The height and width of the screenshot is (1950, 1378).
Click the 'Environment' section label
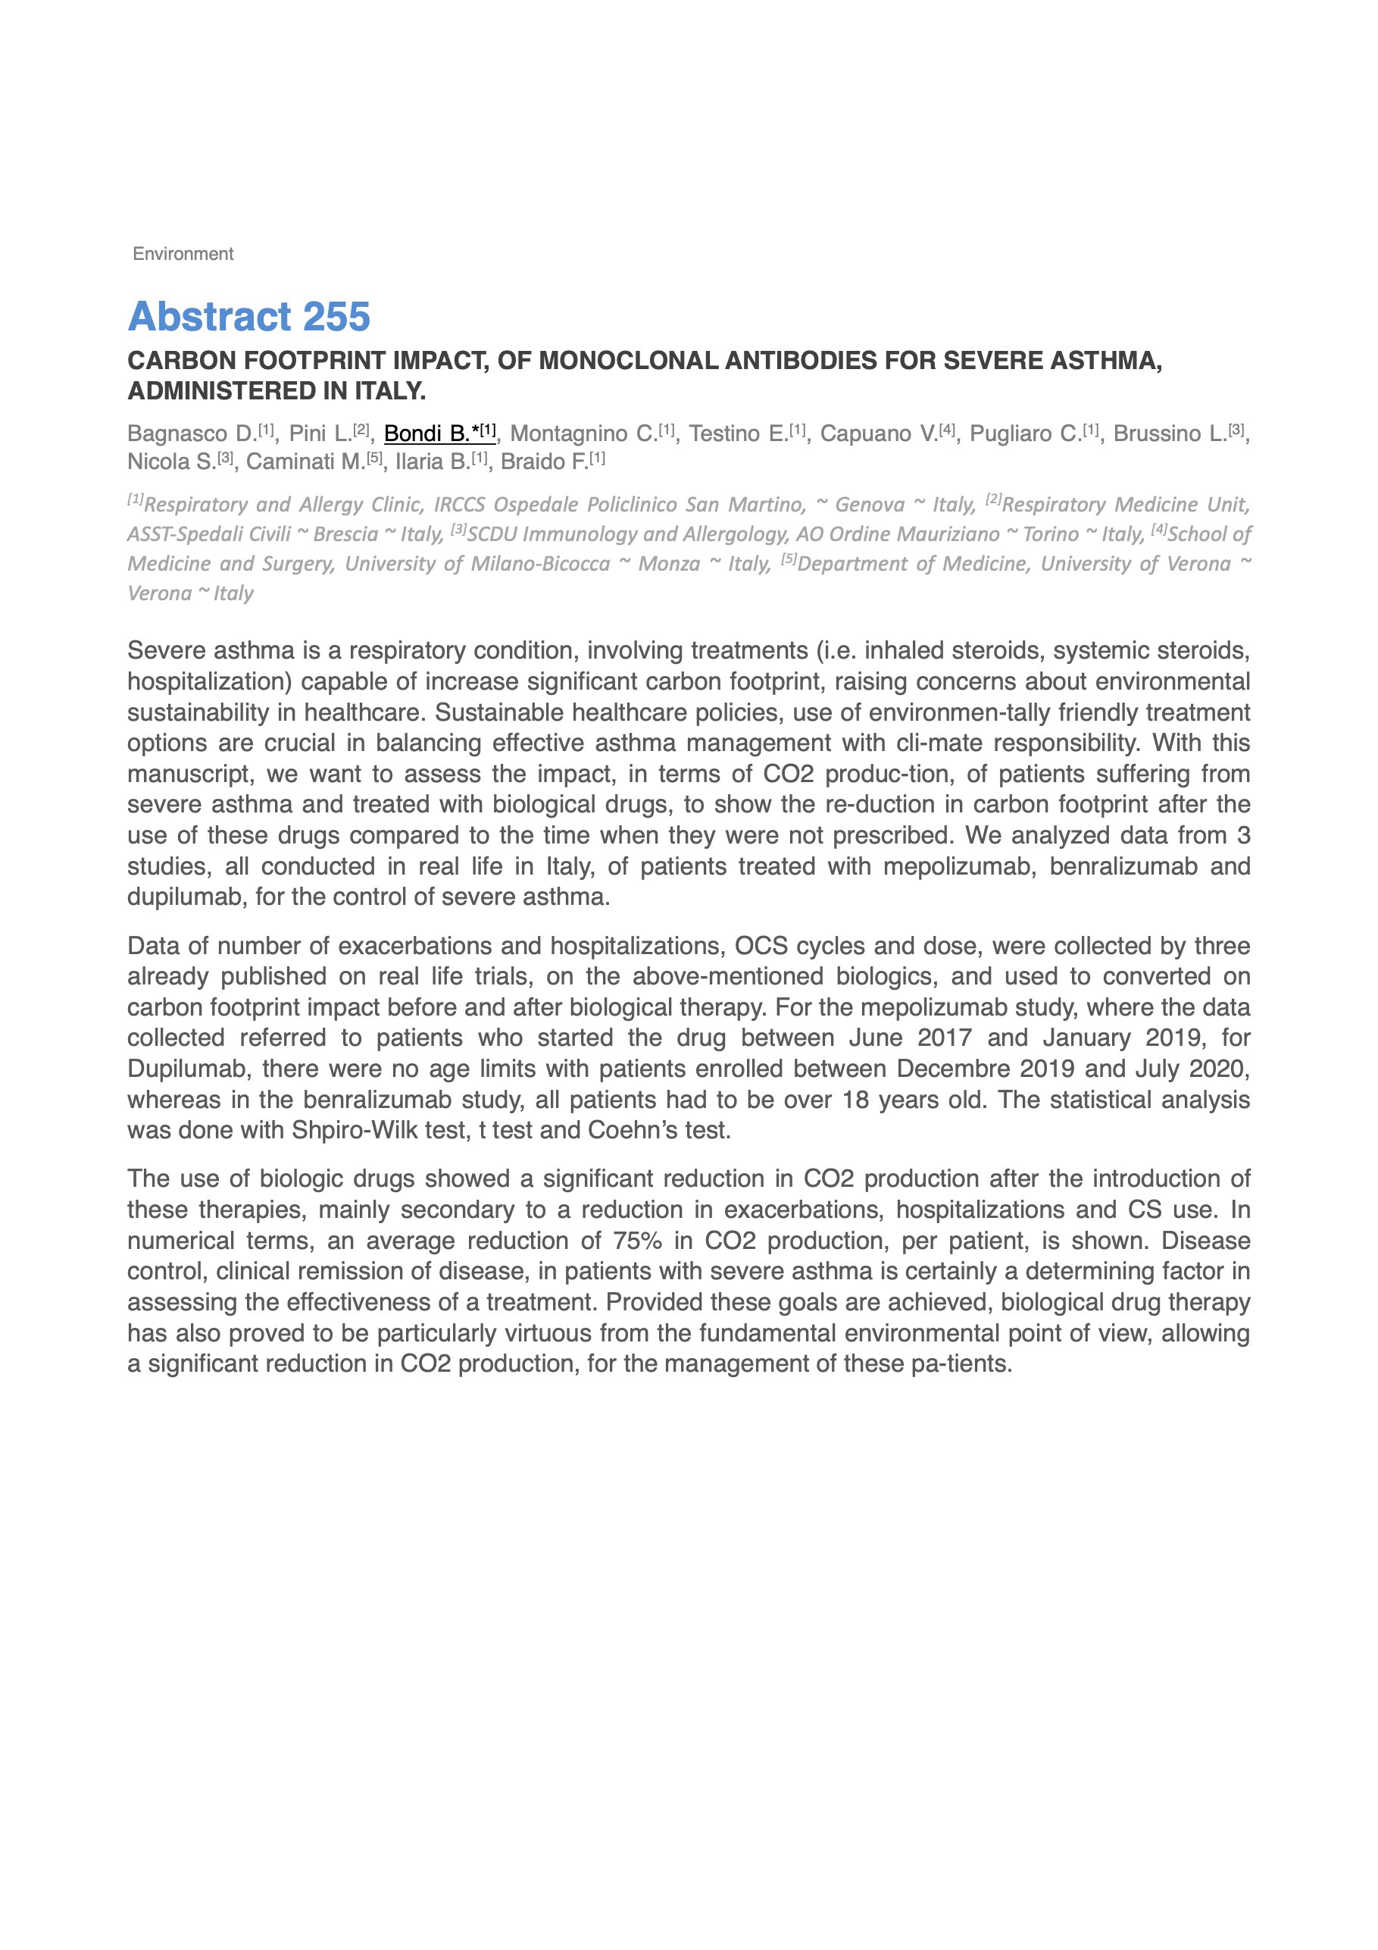(183, 254)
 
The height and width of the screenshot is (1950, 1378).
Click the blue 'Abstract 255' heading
(248, 316)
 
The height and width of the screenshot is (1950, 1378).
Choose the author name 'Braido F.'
(544, 462)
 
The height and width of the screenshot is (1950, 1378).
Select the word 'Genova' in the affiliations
(870, 505)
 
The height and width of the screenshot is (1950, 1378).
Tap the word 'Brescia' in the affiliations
(345, 535)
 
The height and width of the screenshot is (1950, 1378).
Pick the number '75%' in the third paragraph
(637, 1241)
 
